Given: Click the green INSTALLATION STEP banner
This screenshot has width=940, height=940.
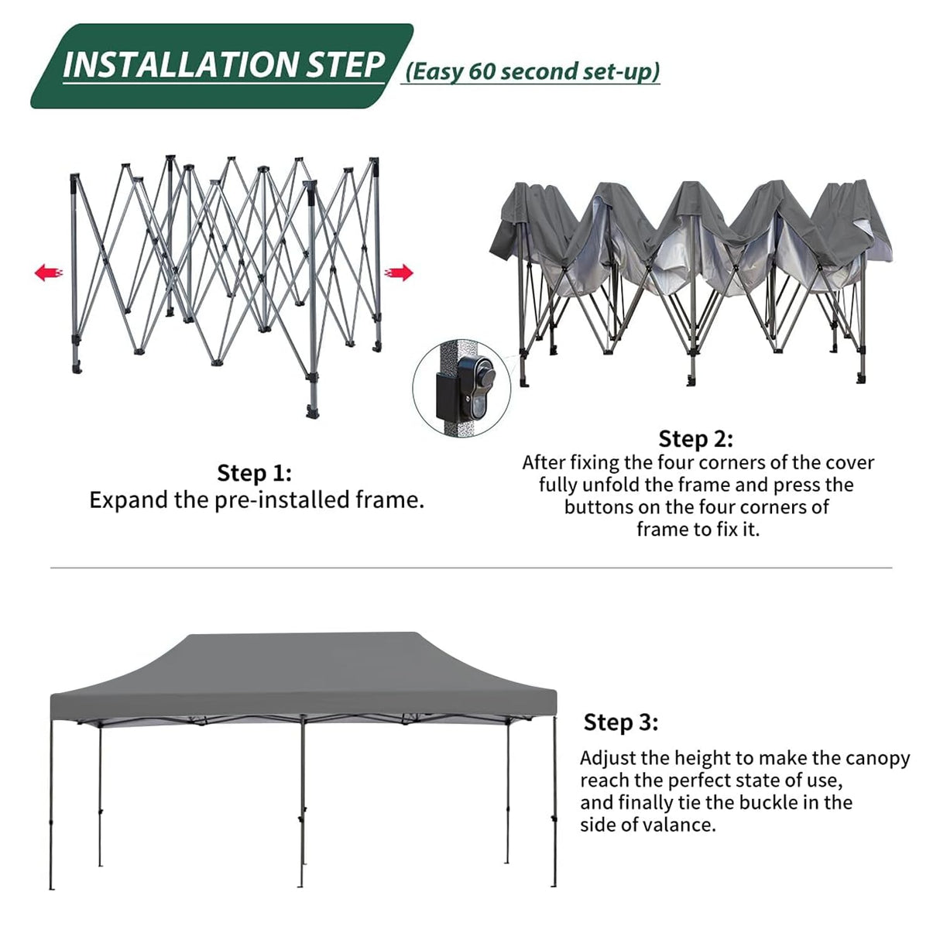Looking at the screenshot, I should [221, 66].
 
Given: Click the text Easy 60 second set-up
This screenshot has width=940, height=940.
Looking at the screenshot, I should [531, 71].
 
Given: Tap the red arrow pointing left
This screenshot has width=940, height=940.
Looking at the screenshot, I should [48, 273].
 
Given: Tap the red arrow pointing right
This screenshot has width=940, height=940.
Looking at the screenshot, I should [400, 273].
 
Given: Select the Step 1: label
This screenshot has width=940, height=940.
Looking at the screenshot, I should [254, 472].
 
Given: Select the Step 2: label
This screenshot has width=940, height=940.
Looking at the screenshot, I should [695, 439].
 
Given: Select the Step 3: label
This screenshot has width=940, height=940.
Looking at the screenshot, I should [620, 722].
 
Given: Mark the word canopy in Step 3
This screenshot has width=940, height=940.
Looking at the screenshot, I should [877, 758].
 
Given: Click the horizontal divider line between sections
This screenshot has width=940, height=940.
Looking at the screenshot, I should [471, 568].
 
